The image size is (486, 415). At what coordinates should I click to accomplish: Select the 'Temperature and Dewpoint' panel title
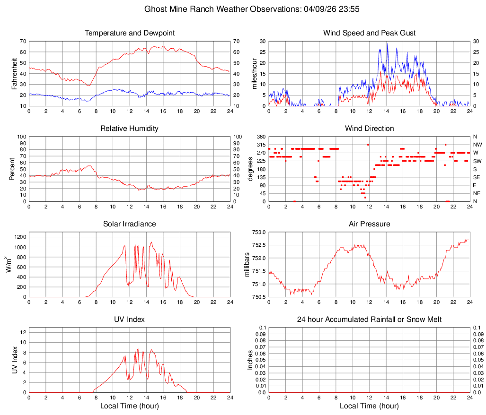tap(130, 33)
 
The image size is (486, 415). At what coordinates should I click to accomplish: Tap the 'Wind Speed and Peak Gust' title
tap(369, 33)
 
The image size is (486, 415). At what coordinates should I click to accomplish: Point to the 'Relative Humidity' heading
tap(130, 129)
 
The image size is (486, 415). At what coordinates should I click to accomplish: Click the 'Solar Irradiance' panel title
tap(130, 224)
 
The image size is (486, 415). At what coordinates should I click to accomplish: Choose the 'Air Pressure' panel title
tap(369, 224)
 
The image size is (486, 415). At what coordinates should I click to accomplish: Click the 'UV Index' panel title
tap(130, 320)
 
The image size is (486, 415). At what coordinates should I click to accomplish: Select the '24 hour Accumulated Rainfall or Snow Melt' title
tap(369, 320)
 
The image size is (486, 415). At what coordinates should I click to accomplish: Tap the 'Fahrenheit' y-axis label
tap(14, 73)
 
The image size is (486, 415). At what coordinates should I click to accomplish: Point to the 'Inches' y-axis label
tap(250, 360)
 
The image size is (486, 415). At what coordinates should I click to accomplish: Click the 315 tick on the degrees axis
tap(259, 145)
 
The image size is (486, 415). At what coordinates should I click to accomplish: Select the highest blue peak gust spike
tap(388, 44)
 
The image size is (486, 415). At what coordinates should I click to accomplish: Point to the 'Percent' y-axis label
tap(12, 169)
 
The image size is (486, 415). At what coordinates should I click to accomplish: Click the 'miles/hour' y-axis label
tap(254, 73)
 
